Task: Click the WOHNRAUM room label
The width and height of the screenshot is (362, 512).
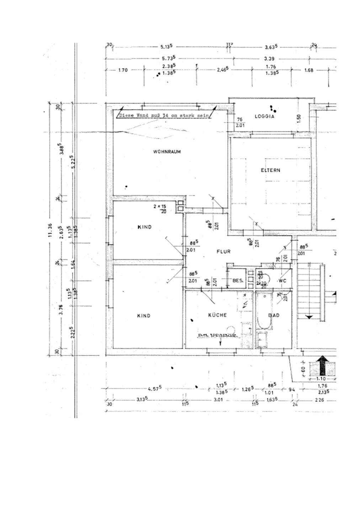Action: (167, 152)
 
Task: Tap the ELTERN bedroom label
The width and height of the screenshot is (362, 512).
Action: (270, 170)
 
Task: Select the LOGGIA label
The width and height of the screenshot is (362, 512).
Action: (264, 116)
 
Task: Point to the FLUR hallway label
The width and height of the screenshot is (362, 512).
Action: (224, 252)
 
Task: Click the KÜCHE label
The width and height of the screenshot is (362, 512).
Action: (217, 315)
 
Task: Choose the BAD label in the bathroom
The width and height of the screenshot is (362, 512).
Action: (274, 315)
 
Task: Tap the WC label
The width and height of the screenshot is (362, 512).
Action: (282, 281)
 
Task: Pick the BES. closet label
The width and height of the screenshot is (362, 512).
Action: (238, 281)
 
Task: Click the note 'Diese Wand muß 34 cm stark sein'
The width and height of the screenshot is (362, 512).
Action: (163, 116)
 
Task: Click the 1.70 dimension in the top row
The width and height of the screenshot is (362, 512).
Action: (122, 70)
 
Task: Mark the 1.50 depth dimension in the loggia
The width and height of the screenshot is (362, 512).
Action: (299, 117)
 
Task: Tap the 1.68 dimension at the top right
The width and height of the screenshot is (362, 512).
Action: (309, 70)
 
